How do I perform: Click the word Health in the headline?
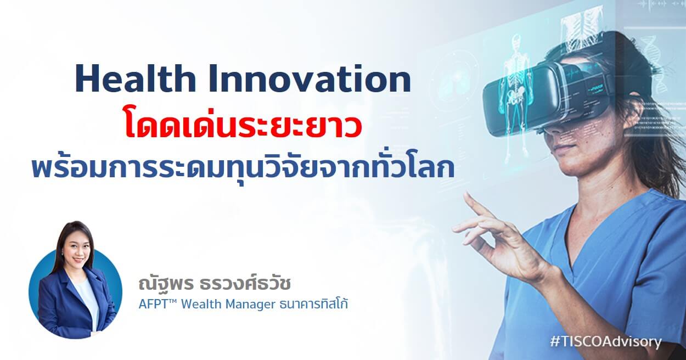136,79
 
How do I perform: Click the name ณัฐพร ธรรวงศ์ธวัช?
214,283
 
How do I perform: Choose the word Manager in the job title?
249,305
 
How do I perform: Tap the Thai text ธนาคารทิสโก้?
313,303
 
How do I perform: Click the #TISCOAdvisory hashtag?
606,341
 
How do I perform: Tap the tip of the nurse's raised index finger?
466,194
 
